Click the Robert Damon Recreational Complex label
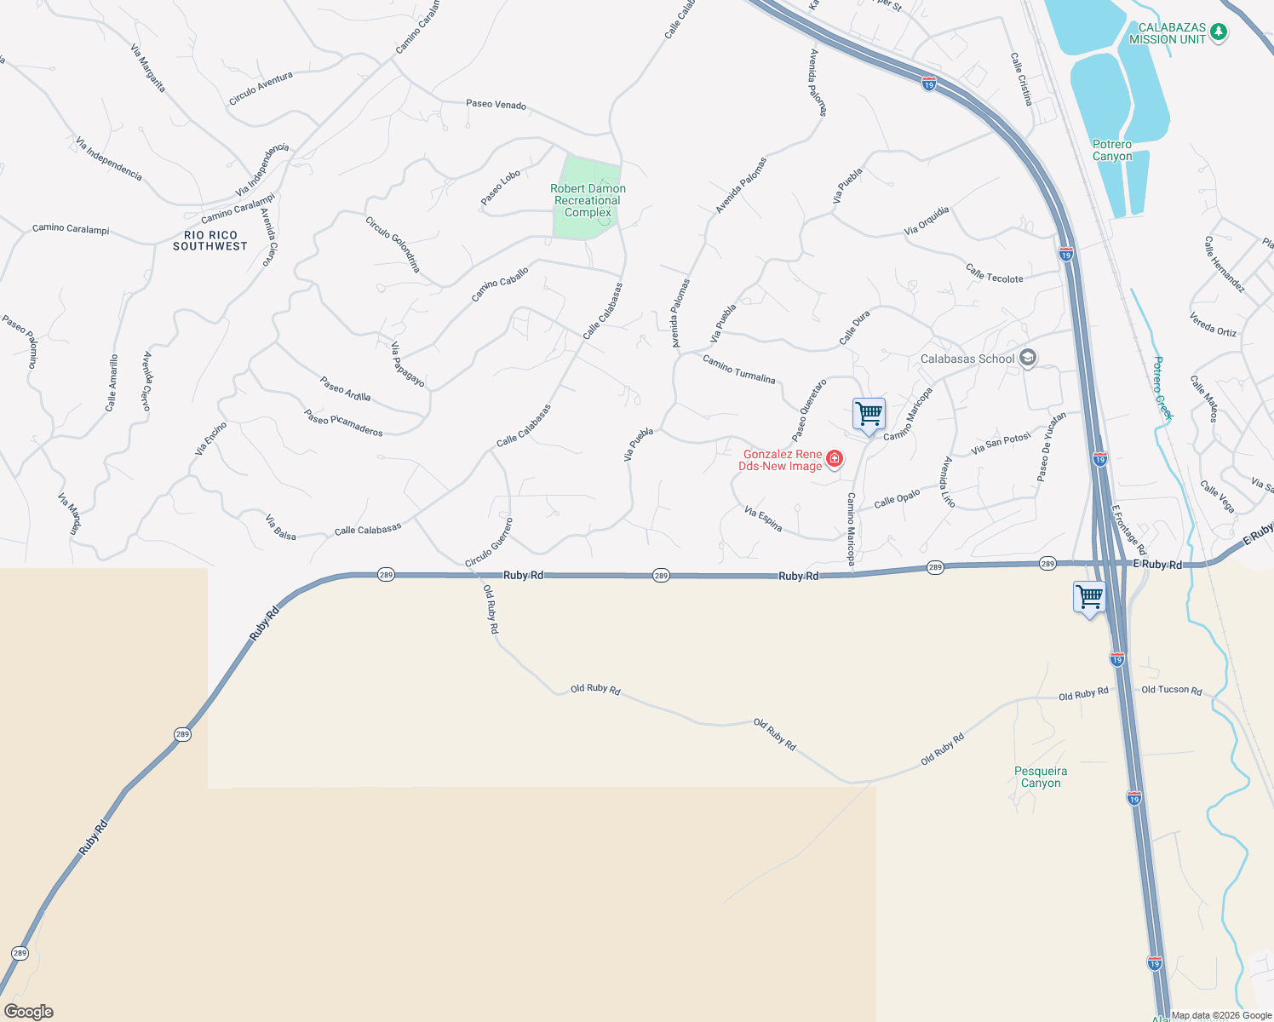pyautogui.click(x=588, y=201)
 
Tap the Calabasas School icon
pyautogui.click(x=1028, y=358)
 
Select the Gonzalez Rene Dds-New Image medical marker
pyautogui.click(x=835, y=460)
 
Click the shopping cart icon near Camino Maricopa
pyautogui.click(x=869, y=415)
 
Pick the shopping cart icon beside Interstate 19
pyautogui.click(x=1089, y=597)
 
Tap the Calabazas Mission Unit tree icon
pyautogui.click(x=1219, y=32)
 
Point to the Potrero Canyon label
pyautogui.click(x=1112, y=151)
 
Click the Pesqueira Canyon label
pyautogui.click(x=1041, y=777)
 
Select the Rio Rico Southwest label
pyautogui.click(x=210, y=241)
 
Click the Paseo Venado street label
pyautogui.click(x=496, y=105)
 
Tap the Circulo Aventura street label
pyautogui.click(x=261, y=89)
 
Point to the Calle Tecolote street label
pyautogui.click(x=994, y=273)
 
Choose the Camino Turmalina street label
pyautogui.click(x=738, y=369)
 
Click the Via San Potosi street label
pyautogui.click(x=1001, y=444)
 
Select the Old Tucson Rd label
pyautogui.click(x=1171, y=690)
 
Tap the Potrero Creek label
pyautogui.click(x=1162, y=388)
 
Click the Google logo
pyautogui.click(x=29, y=1012)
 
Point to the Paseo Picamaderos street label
pyautogui.click(x=343, y=422)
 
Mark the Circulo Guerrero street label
pyautogui.click(x=489, y=543)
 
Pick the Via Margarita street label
pyautogui.click(x=148, y=68)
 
